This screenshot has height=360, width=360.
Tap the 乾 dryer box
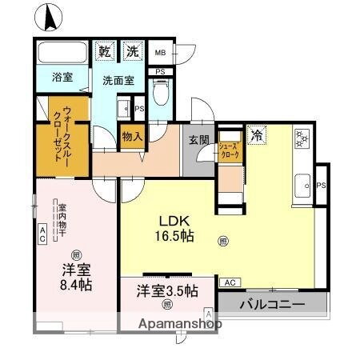[x=105, y=52]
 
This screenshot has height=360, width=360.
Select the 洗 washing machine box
[x=132, y=52]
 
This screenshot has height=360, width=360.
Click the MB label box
[x=159, y=54]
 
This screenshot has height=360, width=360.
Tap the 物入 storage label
[x=132, y=136]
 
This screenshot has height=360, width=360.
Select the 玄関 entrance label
[x=199, y=138]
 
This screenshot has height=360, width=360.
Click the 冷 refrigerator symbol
[x=256, y=135]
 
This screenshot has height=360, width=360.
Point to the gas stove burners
[x=302, y=138]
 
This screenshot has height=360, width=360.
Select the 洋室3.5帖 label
[x=166, y=291]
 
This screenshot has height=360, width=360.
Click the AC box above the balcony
[x=229, y=282]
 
